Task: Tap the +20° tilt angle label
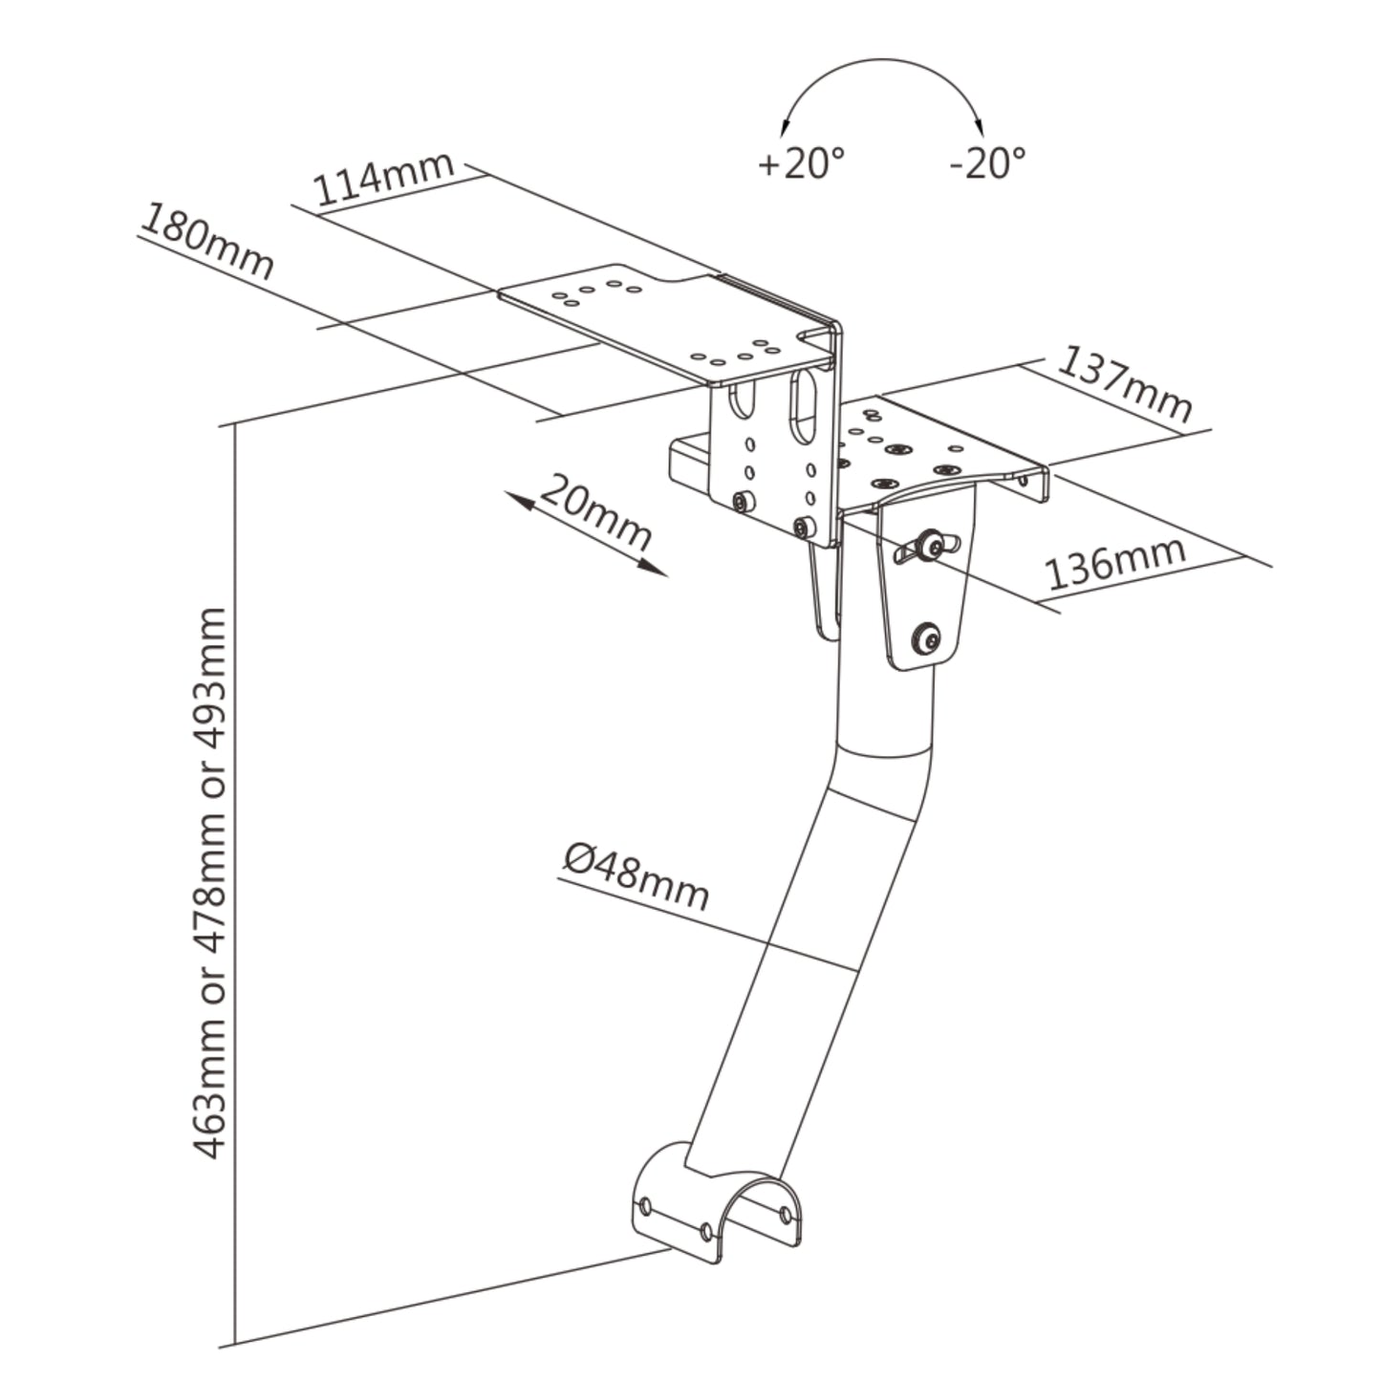click(801, 162)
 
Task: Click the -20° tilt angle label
click(986, 162)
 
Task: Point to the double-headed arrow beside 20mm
click(585, 534)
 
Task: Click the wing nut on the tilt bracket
click(923, 548)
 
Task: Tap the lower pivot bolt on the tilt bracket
click(925, 637)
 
